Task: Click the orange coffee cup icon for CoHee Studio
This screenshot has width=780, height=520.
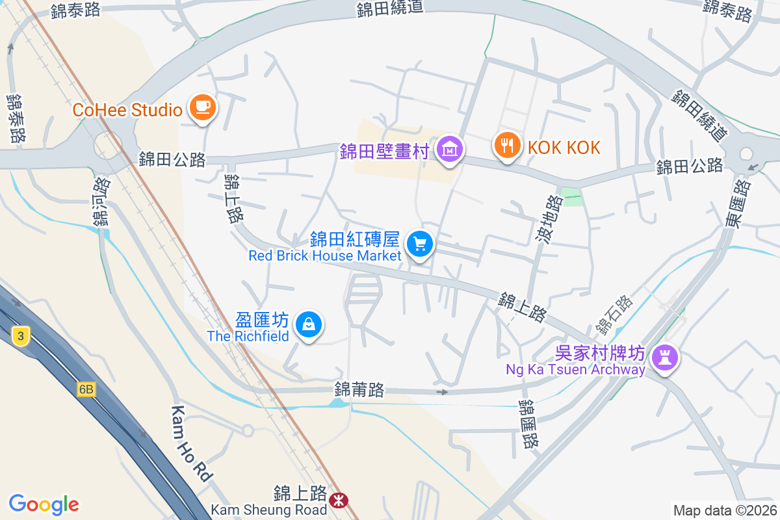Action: point(202,107)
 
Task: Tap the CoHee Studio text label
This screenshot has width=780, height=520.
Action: point(127,110)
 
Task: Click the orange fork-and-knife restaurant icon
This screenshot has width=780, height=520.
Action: point(508,144)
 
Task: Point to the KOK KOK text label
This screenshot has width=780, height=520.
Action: point(564,148)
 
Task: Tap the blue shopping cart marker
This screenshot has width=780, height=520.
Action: point(420,245)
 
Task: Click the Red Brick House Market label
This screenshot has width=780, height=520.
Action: point(325,256)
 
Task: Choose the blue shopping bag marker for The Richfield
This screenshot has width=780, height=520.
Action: point(309,324)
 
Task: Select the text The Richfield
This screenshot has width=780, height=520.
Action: point(248,336)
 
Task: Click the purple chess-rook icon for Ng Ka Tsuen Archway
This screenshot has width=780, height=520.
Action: point(664,357)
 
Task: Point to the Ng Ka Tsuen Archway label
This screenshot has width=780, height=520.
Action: point(576,370)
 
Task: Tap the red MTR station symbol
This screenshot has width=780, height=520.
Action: point(338,500)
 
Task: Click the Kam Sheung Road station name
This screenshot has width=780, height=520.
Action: point(269,509)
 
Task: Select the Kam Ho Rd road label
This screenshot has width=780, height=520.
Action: point(192,444)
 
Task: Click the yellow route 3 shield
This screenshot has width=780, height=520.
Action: point(21,336)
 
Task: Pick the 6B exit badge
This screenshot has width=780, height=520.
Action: point(86,389)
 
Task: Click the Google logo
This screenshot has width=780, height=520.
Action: point(44,504)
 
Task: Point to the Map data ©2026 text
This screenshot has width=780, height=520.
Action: point(724,510)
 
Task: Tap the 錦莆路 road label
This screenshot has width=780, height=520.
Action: point(359,389)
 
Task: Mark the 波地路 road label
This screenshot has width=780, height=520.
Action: point(550,220)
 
